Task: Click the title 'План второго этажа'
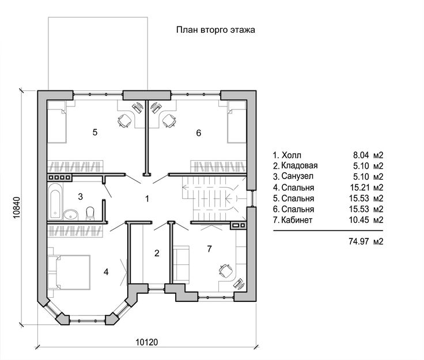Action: point(215,29)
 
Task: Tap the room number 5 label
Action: point(95,132)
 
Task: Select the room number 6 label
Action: point(199,133)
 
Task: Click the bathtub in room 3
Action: point(56,201)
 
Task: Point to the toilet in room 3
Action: point(90,213)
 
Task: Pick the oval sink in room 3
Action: point(71,215)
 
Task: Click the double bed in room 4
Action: point(69,272)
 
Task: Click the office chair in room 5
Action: point(124,120)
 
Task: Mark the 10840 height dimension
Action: point(17,207)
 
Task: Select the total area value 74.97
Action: point(359,241)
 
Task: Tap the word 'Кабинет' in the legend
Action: point(297,220)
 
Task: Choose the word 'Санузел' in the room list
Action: point(297,176)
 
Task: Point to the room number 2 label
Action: point(157,253)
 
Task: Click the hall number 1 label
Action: point(147,199)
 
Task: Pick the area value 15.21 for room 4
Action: point(359,187)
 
